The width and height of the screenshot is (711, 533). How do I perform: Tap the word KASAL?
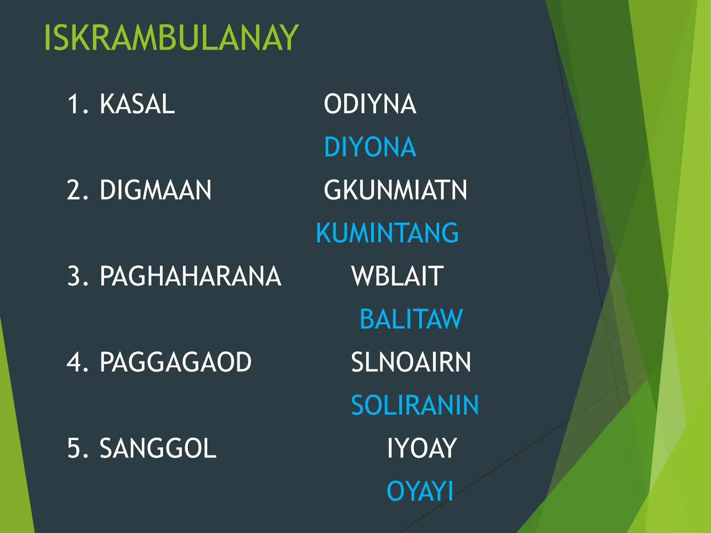[x=137, y=104]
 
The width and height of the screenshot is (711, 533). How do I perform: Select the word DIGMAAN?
[x=156, y=190]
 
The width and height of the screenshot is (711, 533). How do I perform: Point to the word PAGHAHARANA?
[x=190, y=276]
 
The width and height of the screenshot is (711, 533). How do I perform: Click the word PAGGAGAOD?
[x=175, y=362]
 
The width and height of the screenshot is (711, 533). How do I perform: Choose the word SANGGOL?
[x=158, y=448]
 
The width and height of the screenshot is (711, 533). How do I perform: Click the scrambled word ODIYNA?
[x=370, y=104]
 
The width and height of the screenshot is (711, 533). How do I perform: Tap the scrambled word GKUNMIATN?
[x=395, y=190]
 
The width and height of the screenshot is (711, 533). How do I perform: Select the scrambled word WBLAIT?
[x=398, y=276]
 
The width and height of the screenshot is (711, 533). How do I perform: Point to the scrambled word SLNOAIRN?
[x=411, y=362]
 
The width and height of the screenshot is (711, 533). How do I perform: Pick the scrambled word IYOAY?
[x=422, y=448]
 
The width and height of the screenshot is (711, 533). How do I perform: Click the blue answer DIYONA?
[x=370, y=147]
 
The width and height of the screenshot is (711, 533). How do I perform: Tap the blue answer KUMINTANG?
[x=387, y=233]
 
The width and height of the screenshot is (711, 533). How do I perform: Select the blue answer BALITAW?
[x=411, y=319]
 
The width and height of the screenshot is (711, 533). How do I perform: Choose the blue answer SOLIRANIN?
[x=415, y=405]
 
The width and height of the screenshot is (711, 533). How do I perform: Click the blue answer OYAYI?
[x=420, y=491]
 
